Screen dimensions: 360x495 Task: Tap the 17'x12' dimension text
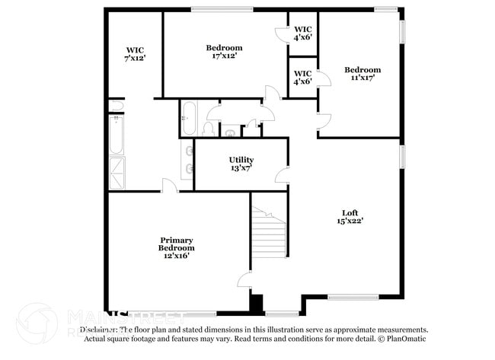click(x=224, y=56)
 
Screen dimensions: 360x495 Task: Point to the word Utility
click(x=241, y=159)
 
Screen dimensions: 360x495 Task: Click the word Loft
click(x=350, y=212)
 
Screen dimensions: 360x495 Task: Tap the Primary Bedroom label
click(x=176, y=244)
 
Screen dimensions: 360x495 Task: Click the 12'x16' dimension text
click(x=176, y=256)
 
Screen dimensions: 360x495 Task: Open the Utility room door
click(x=282, y=176)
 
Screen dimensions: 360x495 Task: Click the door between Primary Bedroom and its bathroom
click(x=169, y=186)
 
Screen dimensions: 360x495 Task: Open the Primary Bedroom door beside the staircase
click(x=244, y=279)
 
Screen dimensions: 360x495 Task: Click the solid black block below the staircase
click(x=257, y=304)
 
